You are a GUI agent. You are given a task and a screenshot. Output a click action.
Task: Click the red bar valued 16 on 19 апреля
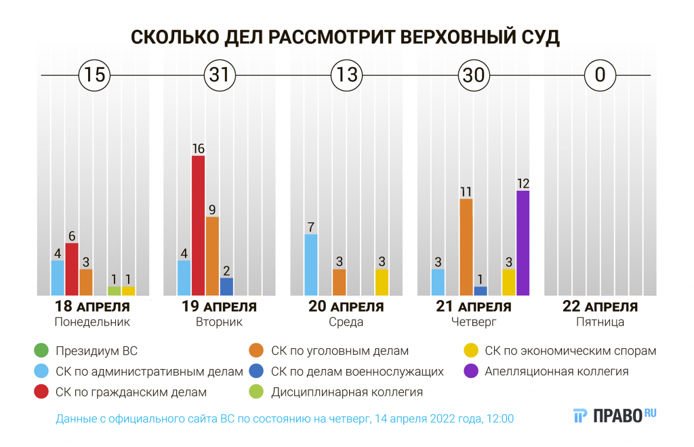198,225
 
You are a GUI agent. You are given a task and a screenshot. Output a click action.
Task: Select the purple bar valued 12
523,242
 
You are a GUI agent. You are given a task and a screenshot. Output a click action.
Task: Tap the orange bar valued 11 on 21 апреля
466,247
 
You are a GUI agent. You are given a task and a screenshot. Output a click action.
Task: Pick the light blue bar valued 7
311,264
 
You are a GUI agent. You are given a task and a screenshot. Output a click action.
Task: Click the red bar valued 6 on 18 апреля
72,269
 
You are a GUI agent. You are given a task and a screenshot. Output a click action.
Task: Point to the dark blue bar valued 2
226,286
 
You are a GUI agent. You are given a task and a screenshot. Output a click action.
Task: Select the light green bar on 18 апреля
114,291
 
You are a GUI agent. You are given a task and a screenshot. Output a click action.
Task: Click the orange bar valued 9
212,255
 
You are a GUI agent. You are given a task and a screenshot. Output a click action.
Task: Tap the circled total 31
220,74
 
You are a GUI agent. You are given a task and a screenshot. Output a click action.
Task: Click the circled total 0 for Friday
600,74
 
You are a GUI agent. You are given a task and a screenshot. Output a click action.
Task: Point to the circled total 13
346,74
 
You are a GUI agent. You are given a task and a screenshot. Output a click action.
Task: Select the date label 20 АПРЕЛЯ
346,307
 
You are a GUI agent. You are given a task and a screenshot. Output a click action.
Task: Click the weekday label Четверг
473,322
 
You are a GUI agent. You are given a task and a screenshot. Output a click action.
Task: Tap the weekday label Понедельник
92,322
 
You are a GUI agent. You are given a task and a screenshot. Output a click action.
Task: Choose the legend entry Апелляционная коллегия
556,371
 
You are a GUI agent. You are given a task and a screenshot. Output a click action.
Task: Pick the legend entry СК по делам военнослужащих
356,371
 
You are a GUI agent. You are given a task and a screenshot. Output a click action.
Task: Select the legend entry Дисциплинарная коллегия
346,391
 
